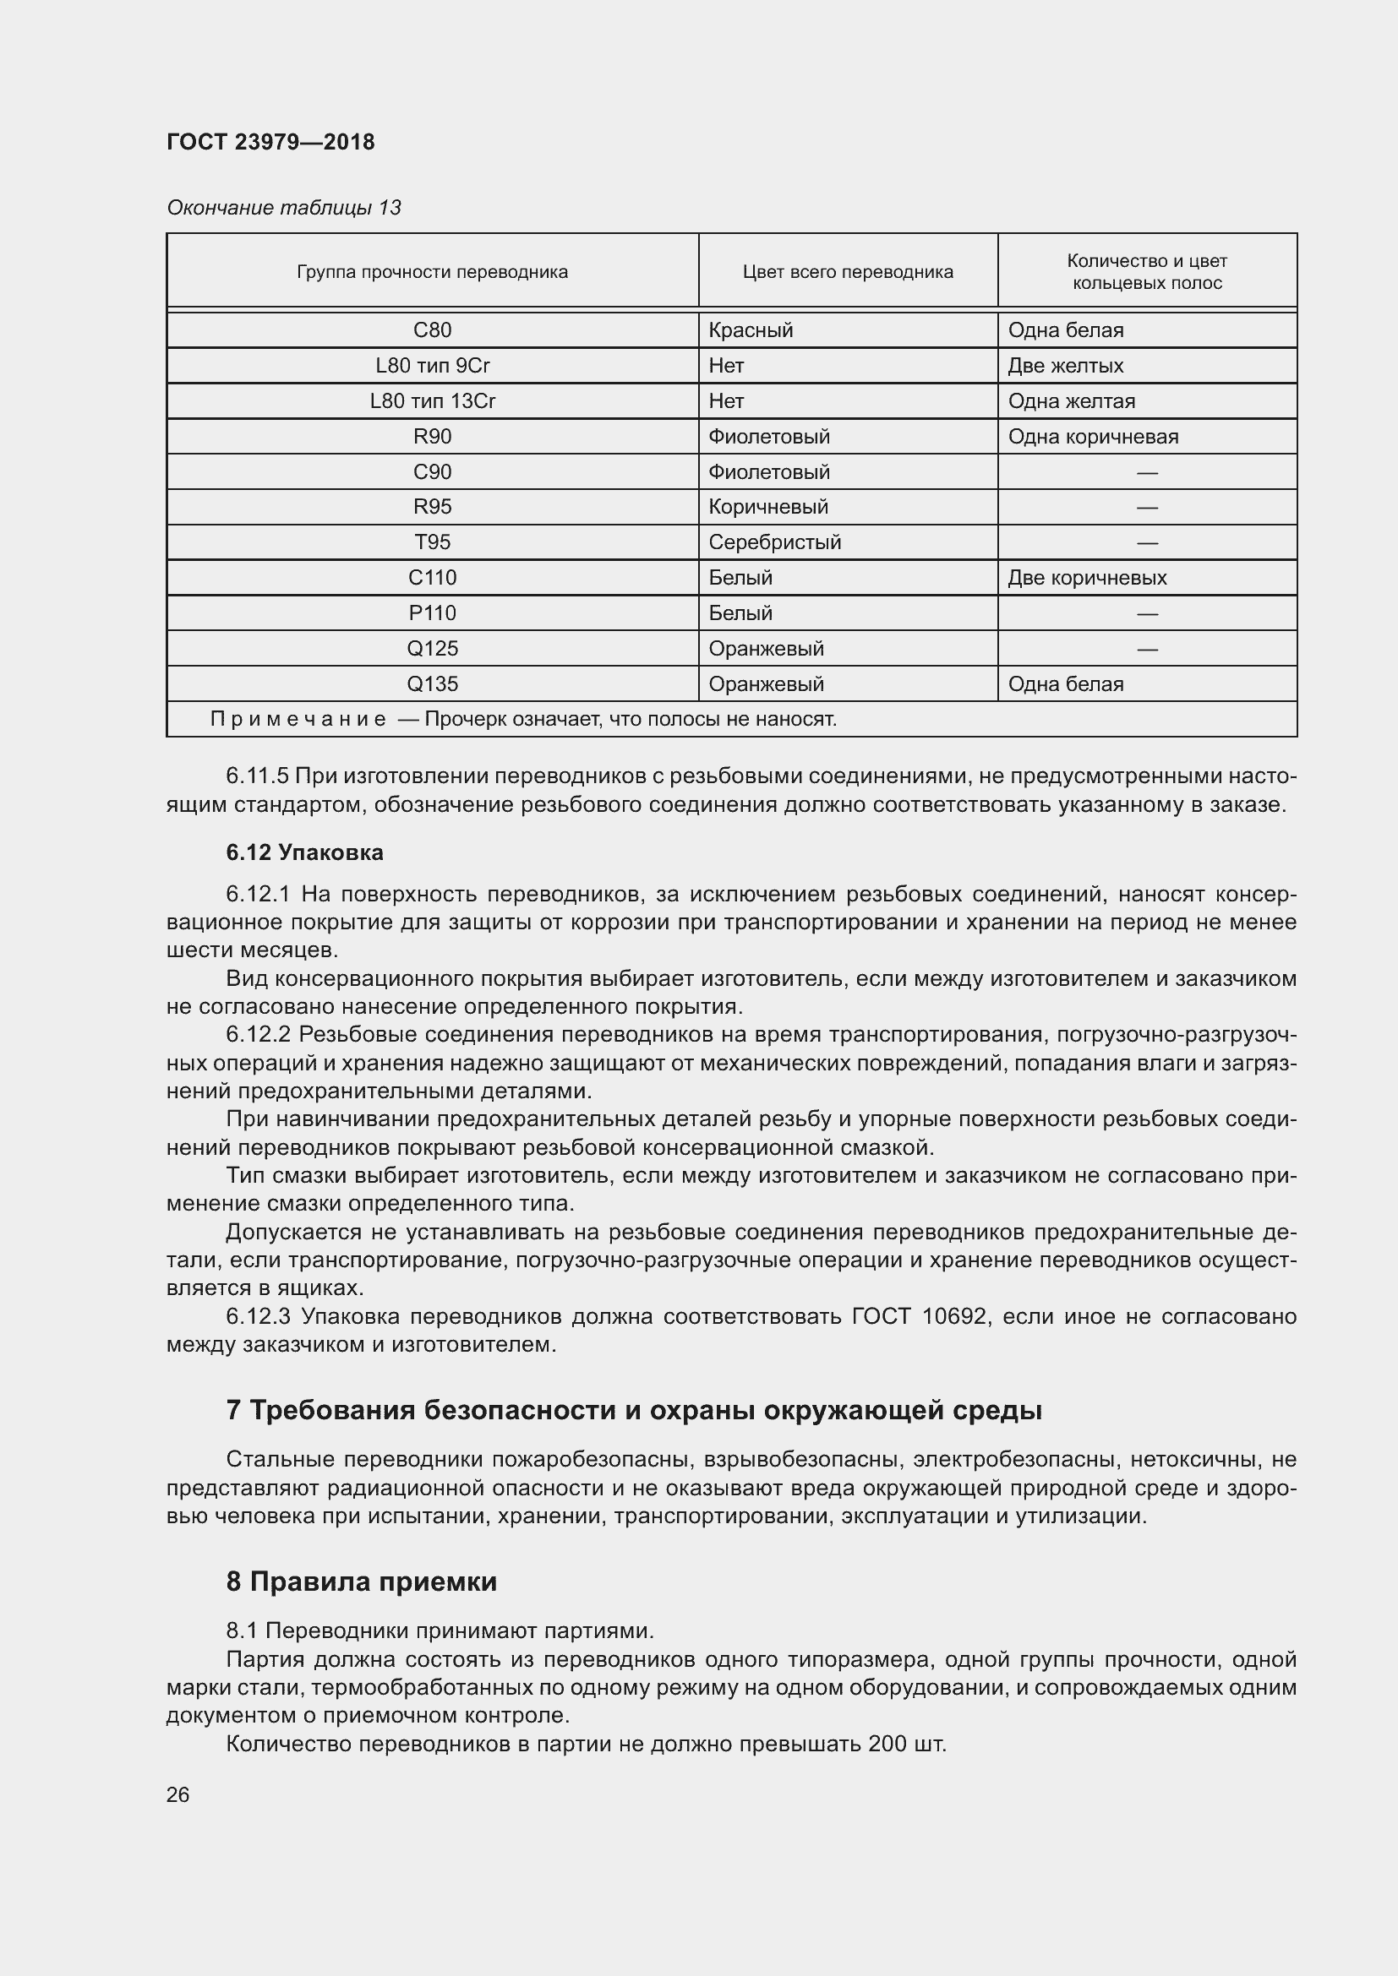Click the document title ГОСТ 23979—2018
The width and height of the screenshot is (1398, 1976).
click(270, 142)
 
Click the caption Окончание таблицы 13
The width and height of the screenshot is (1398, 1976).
click(283, 208)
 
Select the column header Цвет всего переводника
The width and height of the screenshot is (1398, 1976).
click(847, 272)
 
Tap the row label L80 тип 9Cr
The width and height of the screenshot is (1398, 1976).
click(432, 366)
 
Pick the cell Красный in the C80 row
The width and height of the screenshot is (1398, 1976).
click(750, 330)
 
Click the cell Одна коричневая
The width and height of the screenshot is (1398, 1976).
click(1092, 436)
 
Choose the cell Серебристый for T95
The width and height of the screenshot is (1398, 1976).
click(774, 542)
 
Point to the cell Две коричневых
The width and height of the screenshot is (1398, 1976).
click(1086, 578)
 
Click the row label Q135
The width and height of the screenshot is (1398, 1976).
click(432, 684)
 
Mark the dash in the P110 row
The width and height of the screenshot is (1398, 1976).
click(1146, 613)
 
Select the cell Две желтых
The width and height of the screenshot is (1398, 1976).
click(1065, 366)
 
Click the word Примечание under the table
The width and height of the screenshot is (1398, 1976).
click(298, 720)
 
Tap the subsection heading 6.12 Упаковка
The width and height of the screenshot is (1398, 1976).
click(305, 853)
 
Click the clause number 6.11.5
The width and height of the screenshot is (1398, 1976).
click(257, 776)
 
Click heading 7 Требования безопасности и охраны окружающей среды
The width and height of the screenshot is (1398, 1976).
click(634, 1411)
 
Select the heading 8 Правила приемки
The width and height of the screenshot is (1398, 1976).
click(362, 1581)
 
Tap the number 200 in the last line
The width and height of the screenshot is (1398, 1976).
click(887, 1745)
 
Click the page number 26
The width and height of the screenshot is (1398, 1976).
click(178, 1795)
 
